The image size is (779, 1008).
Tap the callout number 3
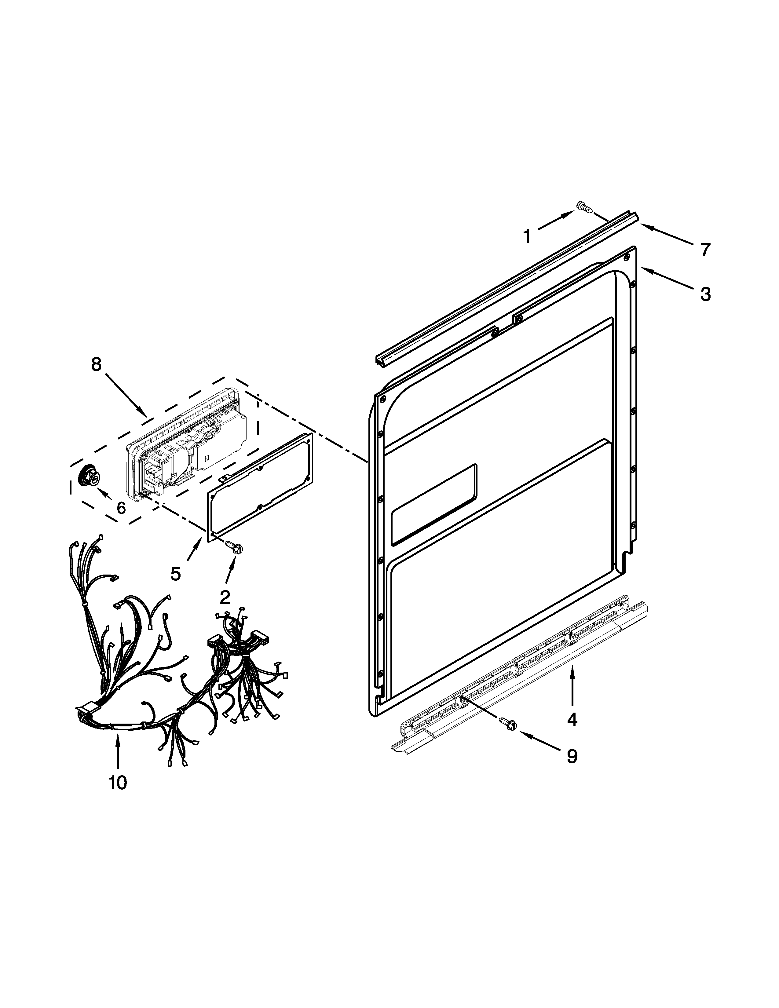tap(705, 294)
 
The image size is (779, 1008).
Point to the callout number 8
tap(96, 364)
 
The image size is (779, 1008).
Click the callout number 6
tap(121, 508)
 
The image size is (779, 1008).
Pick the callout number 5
tap(175, 574)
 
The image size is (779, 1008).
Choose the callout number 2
tap(225, 597)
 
